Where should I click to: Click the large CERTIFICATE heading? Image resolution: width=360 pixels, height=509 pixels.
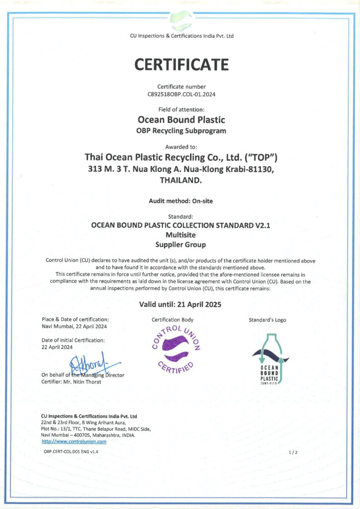[181, 65]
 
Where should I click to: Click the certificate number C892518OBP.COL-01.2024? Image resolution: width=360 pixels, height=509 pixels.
[181, 93]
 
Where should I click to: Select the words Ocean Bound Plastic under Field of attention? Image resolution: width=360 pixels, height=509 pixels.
[181, 120]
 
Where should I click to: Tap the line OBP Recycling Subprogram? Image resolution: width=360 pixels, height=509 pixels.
[181, 131]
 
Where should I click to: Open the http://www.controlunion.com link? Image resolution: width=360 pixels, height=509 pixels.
[74, 441]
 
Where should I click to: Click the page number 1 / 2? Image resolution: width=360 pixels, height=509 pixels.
[293, 452]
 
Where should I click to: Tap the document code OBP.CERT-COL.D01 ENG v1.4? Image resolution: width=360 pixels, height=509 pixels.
[71, 451]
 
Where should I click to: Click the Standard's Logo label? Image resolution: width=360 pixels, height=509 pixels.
[267, 320]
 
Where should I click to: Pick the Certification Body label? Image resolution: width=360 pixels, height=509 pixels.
[173, 320]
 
